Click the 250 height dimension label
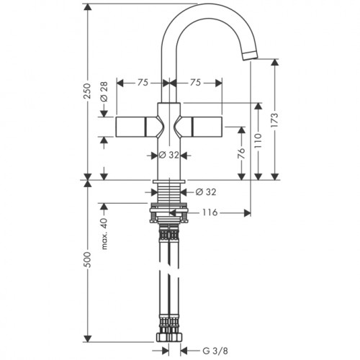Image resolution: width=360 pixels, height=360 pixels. [88, 91]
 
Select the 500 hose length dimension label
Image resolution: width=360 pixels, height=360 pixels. [88, 260]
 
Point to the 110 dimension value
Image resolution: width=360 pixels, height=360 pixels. [258, 140]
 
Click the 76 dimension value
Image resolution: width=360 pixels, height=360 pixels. [241, 153]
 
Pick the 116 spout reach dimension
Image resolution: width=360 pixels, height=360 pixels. [210, 212]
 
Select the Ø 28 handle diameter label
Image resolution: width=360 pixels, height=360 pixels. [104, 91]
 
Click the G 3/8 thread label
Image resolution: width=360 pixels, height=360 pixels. [215, 351]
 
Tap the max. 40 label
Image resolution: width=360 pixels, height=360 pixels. [104, 234]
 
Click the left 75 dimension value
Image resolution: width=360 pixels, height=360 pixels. [143, 83]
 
